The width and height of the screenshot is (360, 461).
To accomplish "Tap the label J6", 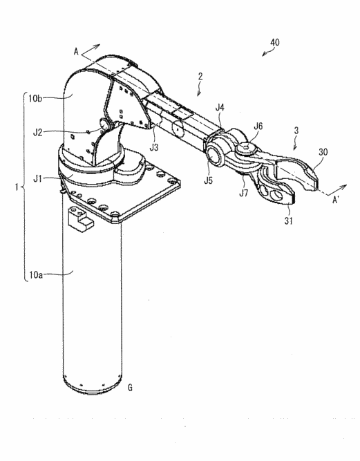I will point(258,126).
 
